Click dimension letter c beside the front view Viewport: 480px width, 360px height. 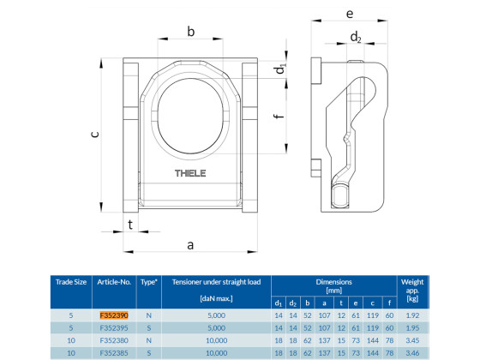tap(95, 133)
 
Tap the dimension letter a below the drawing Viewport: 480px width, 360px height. tap(189, 244)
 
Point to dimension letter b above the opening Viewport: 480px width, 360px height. tap(190, 32)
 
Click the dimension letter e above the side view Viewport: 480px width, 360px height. tap(350, 15)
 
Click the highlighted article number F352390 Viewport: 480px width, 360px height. tap(114, 315)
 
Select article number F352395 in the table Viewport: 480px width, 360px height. tap(114, 327)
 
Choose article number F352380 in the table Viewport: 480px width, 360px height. tap(114, 339)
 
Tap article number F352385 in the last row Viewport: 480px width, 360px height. tap(114, 351)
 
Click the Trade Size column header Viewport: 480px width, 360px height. tap(71, 281)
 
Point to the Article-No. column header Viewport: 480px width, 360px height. tap(114, 281)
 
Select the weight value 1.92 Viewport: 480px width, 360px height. tap(411, 315)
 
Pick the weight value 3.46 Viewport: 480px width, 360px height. tap(411, 351)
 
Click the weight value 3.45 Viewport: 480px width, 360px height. tap(411, 339)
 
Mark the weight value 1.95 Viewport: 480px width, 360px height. tap(411, 327)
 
